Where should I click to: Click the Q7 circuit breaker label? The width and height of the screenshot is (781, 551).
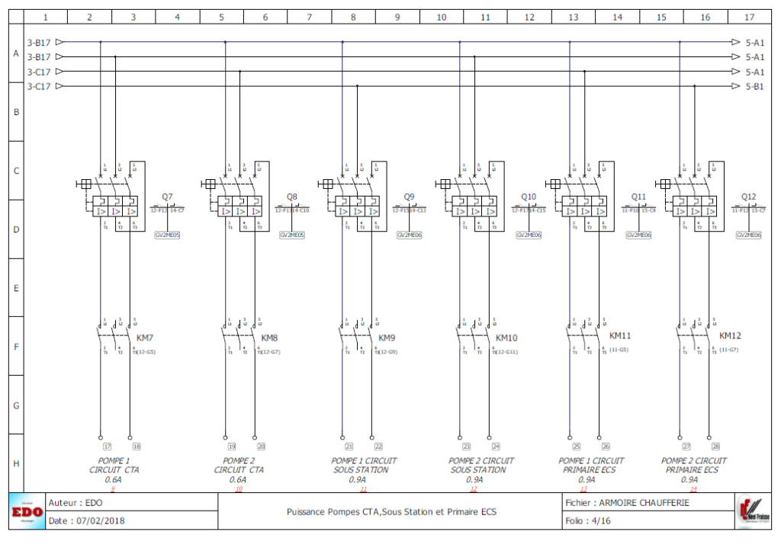pos(167,197)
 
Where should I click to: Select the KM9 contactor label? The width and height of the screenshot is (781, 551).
pos(387,338)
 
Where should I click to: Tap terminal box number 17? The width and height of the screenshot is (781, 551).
pos(108,447)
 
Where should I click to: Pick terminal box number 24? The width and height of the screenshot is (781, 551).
pos(496,447)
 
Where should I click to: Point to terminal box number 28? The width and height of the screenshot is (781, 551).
pos(716,447)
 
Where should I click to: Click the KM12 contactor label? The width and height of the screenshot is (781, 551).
pos(730,335)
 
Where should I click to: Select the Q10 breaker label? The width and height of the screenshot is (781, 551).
pos(529,197)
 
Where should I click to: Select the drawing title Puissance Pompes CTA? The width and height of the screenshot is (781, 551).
pos(391,512)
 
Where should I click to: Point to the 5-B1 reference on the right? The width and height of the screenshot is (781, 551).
pos(754,86)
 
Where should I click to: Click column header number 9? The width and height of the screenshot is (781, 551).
pos(397,16)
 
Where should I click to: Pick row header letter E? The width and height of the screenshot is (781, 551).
pos(15,288)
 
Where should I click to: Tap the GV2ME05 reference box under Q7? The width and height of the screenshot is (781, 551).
pos(167,235)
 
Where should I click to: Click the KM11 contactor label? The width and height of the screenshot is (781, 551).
pos(620,335)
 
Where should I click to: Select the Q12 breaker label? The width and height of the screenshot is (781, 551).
pos(749,197)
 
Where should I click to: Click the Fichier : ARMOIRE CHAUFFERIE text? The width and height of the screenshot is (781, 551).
pos(627,503)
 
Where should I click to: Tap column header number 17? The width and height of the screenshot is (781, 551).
pos(750,16)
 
